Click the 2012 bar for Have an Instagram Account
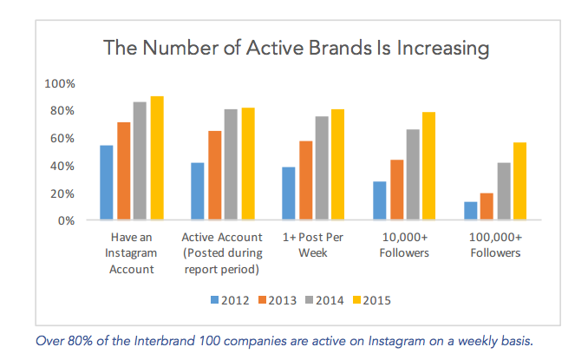107,183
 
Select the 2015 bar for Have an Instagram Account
157,159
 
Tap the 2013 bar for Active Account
214,176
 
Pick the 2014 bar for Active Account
231,165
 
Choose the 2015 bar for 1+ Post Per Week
338,165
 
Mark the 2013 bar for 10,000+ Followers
396,190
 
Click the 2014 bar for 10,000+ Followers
413,175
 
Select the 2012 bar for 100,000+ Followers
471,212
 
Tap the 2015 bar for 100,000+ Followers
520,181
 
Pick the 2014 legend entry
323,300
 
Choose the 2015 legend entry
371,300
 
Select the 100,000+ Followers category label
495,245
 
